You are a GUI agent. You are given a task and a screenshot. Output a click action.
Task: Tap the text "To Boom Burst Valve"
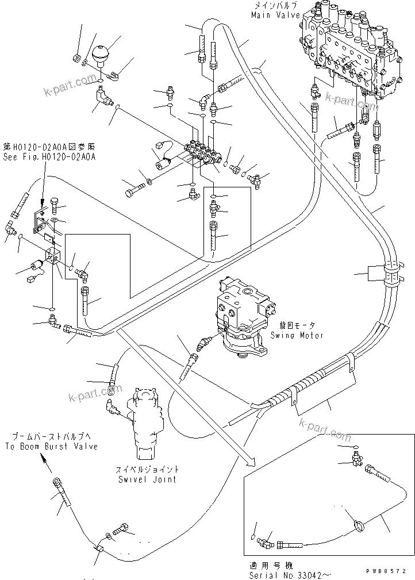[52, 446]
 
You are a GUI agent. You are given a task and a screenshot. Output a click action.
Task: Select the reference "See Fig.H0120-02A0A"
[49, 156]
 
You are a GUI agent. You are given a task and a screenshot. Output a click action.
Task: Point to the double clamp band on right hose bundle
[391, 274]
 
